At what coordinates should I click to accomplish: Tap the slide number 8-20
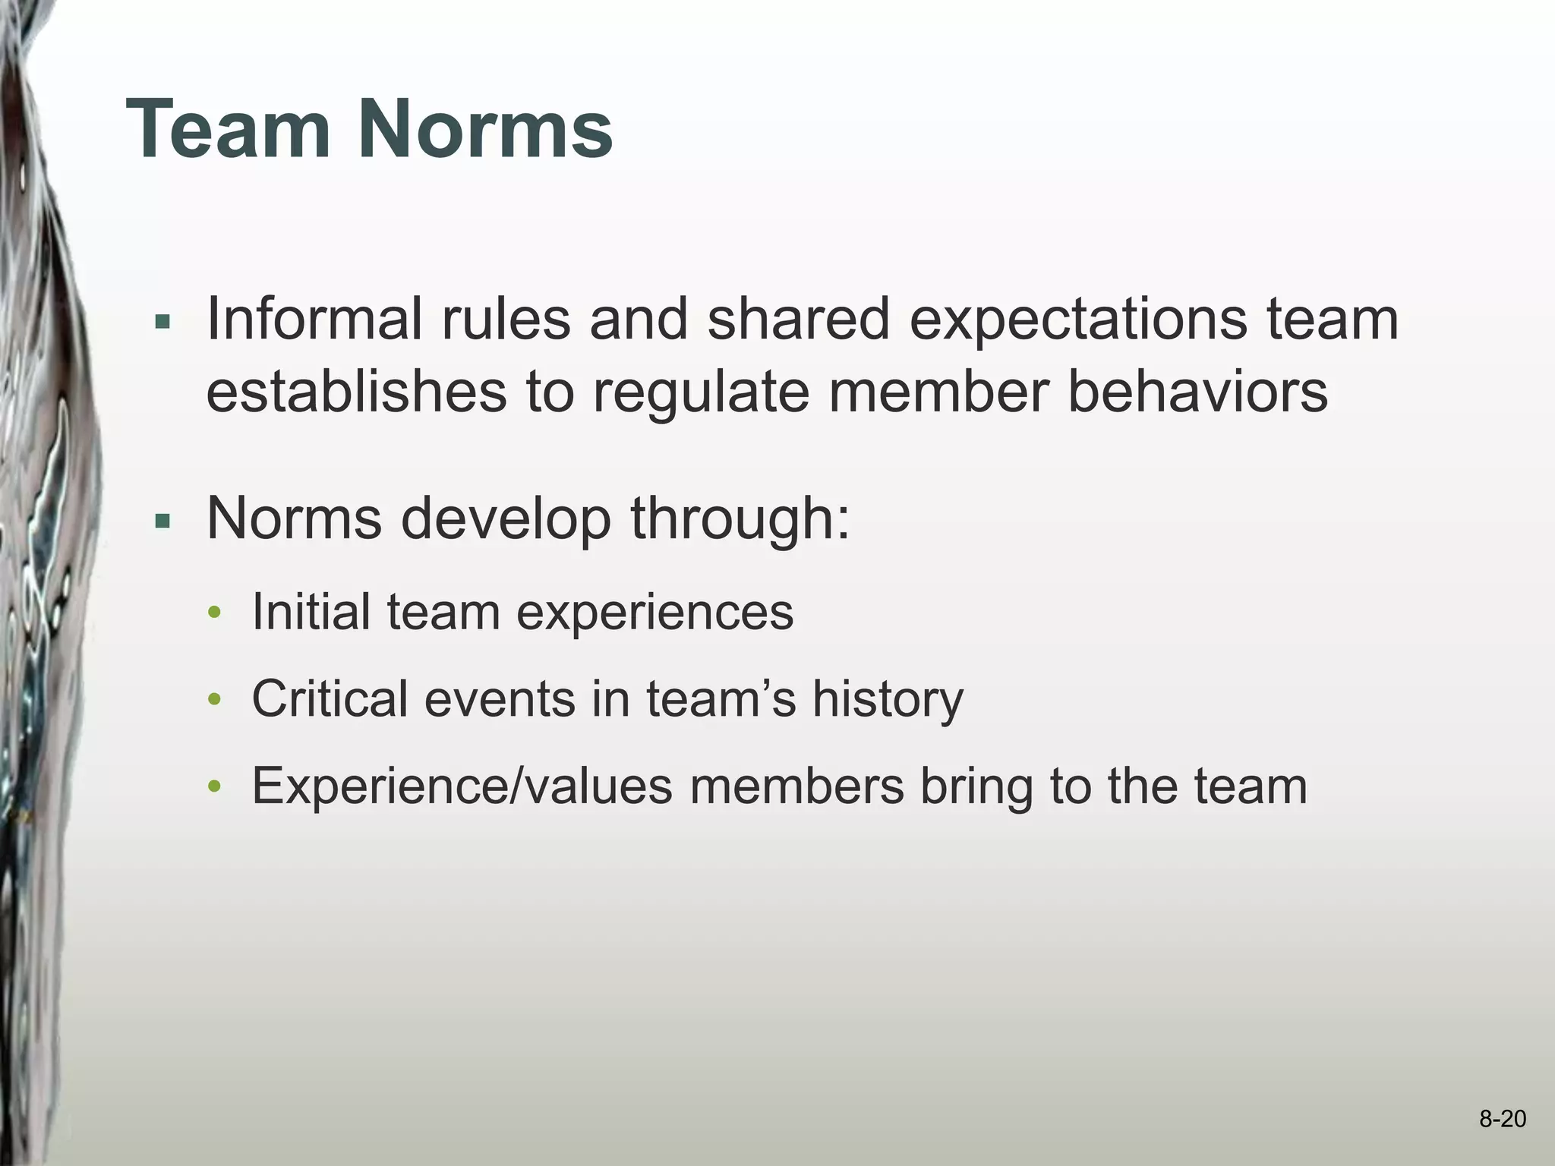(1502, 1119)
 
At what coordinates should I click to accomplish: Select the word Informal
(314, 319)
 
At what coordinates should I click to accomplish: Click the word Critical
(330, 698)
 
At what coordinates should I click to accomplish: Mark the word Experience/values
(462, 786)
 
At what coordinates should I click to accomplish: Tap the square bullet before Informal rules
(162, 322)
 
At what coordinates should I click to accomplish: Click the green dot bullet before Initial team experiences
(215, 613)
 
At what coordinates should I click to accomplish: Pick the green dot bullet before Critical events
(215, 700)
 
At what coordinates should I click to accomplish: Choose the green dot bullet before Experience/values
(215, 787)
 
